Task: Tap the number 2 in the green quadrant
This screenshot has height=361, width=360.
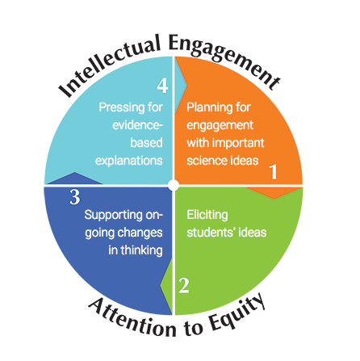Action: pos(184,286)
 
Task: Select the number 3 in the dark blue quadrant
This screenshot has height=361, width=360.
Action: pos(74,197)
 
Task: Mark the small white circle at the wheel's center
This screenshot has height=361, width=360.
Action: pos(173,186)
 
